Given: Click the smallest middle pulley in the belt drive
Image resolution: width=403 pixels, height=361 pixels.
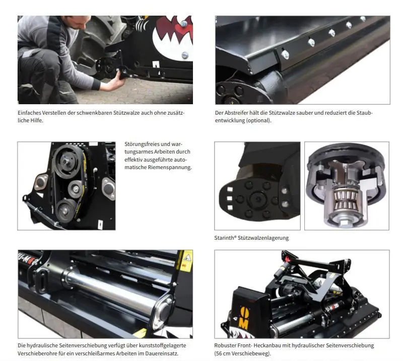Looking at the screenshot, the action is (x=76, y=189).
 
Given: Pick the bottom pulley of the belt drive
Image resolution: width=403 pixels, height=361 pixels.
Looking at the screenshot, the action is (x=65, y=210).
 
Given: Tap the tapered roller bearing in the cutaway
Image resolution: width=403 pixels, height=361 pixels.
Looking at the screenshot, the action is (x=345, y=200).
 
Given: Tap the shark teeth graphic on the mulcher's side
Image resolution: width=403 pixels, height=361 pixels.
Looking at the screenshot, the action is (x=238, y=333).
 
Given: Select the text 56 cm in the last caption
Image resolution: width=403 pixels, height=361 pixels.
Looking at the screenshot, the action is (x=223, y=353).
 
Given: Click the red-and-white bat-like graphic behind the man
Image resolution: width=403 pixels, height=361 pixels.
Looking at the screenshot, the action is (x=175, y=33).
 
